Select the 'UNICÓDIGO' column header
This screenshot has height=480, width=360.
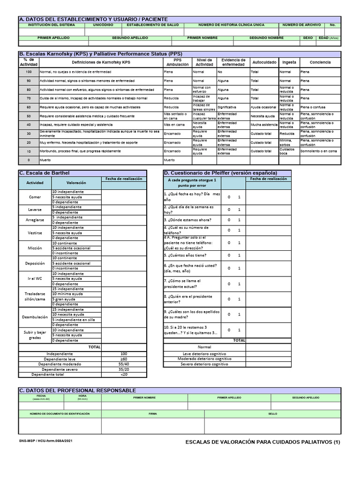(102, 24)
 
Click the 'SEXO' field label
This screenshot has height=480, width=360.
(308, 37)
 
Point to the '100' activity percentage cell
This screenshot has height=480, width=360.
(29, 72)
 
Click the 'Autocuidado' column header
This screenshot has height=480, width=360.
(264, 62)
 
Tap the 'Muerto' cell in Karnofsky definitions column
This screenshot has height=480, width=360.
(45, 160)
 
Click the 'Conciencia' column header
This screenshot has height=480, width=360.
(320, 62)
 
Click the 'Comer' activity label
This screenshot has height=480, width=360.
(35, 197)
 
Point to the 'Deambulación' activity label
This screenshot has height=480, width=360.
(35, 317)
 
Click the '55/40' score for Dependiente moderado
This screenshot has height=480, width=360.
(124, 364)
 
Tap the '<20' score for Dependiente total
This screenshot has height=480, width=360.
(124, 375)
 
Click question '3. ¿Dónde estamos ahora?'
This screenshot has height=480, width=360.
(187, 220)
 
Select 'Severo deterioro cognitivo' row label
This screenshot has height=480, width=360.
(204, 364)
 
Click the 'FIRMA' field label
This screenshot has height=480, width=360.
(153, 414)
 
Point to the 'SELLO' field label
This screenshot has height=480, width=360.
(273, 414)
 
